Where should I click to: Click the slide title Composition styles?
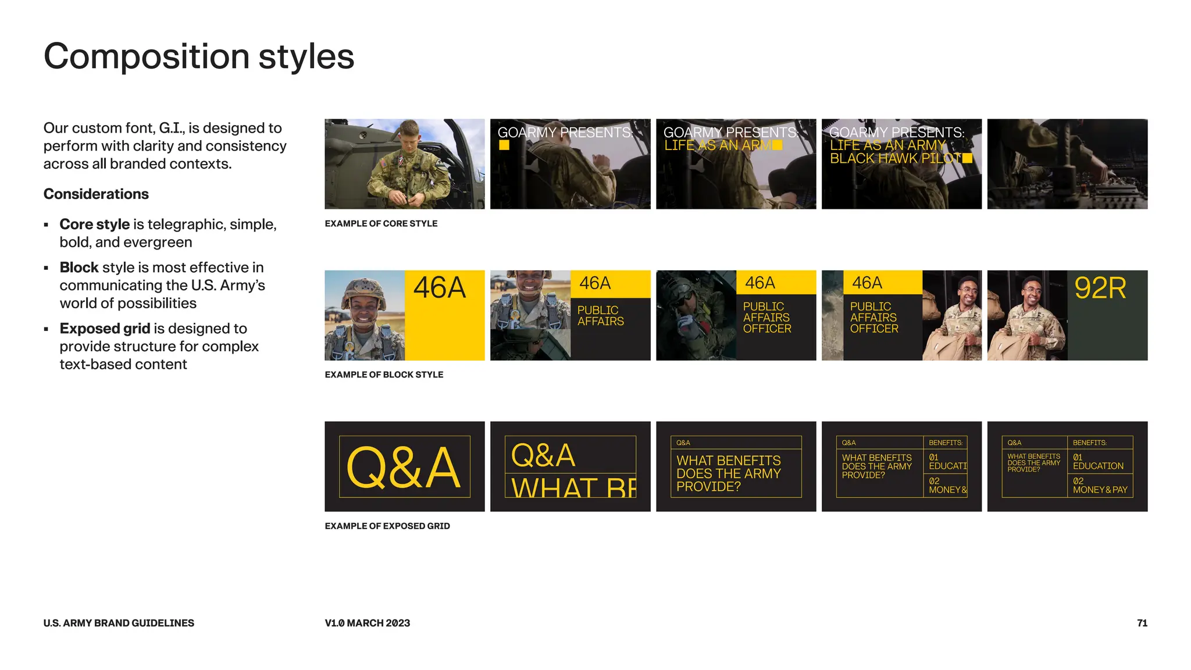coord(198,56)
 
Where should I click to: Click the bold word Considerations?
coord(96,194)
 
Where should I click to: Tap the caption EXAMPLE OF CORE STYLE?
coord(381,223)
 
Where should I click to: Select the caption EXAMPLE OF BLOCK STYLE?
coord(384,375)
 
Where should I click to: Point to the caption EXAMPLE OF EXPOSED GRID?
coord(387,526)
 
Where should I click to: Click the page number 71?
coord(1142,623)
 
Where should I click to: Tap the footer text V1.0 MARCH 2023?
coord(367,623)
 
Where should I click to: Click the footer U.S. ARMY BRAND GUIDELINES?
coord(119,623)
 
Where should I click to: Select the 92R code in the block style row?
coord(1100,288)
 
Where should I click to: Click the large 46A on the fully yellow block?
coord(440,288)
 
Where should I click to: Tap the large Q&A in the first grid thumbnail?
coord(404,468)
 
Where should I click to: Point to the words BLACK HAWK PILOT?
coord(895,159)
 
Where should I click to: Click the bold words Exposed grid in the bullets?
coord(105,329)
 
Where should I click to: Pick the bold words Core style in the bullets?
coord(94,224)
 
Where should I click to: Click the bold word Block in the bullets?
coord(79,268)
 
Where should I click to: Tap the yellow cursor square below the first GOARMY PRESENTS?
coord(504,145)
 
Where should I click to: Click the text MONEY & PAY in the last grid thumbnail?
coord(1100,490)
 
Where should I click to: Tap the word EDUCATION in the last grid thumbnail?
coord(1098,466)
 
